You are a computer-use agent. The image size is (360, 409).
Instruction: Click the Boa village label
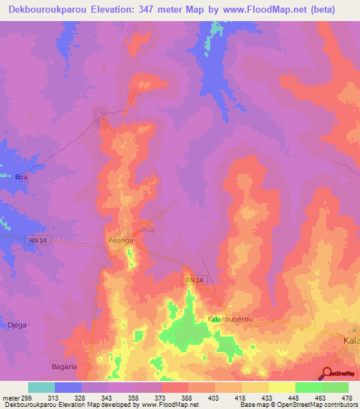(21, 177)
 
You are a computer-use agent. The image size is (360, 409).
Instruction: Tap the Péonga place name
(120, 240)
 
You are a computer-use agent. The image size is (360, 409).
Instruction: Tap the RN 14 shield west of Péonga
(37, 240)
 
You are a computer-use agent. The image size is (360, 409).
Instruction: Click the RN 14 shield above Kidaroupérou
(195, 280)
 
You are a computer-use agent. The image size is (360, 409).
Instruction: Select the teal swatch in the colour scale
(41, 387)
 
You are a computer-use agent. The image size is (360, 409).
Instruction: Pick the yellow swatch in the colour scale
(282, 387)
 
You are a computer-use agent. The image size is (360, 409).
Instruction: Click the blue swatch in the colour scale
(68, 387)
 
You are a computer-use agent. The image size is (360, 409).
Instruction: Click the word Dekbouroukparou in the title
(49, 10)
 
